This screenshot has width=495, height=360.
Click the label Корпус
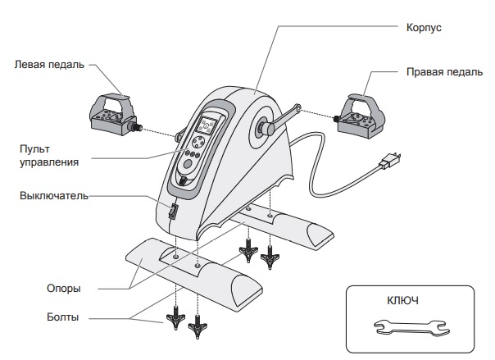point(424,28)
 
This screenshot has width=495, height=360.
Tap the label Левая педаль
point(48,65)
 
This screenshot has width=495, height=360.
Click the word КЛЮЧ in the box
point(402,301)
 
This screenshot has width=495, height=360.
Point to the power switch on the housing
point(174,212)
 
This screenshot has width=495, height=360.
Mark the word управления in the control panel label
point(49,162)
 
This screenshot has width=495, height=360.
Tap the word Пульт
point(35,148)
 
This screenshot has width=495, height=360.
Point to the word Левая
point(30,65)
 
